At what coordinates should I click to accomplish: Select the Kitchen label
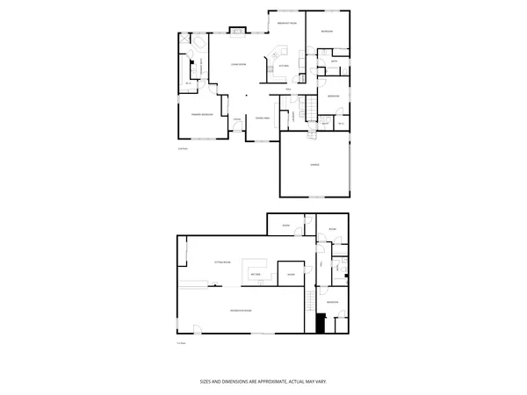pyautogui.click(x=284, y=67)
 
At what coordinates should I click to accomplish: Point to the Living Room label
pyautogui.click(x=237, y=66)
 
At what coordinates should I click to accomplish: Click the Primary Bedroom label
pyautogui.click(x=202, y=115)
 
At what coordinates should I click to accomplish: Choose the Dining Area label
pyautogui.click(x=262, y=118)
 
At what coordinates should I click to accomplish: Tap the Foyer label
pyautogui.click(x=237, y=119)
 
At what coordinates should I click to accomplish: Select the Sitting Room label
pyautogui.click(x=221, y=262)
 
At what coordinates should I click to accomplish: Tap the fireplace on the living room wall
pyautogui.click(x=237, y=33)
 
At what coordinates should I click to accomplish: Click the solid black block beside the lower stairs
pyautogui.click(x=321, y=322)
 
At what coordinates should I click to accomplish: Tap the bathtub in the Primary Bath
pyautogui.click(x=194, y=46)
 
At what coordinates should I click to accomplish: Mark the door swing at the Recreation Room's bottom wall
pyautogui.click(x=197, y=328)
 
